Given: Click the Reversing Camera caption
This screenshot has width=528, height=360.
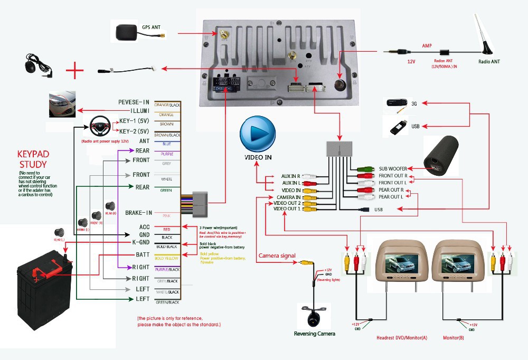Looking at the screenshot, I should (315, 334).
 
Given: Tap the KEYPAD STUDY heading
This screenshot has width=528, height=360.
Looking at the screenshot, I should (33, 159).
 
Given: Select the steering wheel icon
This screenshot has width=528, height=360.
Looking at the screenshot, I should (99, 128).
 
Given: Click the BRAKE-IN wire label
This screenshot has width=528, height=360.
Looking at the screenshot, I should (138, 213).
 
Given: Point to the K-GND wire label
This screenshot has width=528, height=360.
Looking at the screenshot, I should (140, 242).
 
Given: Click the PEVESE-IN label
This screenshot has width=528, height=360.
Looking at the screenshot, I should (134, 102).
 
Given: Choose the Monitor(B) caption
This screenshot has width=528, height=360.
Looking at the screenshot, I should (454, 337).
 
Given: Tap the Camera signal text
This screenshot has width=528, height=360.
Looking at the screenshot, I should (277, 256).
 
